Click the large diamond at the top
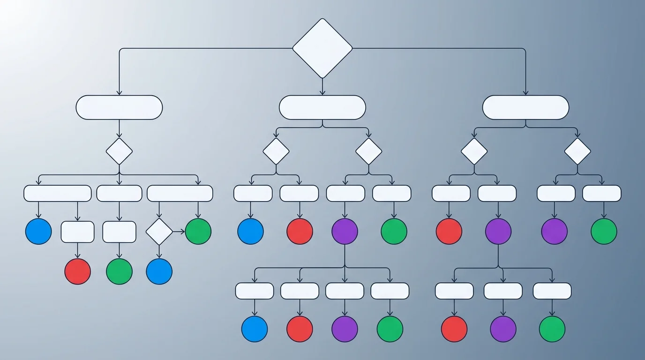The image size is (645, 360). click(x=322, y=48)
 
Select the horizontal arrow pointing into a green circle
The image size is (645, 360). click(x=179, y=232)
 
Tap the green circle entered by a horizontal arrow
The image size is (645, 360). click(x=198, y=232)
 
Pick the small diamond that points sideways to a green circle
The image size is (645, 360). click(x=159, y=232)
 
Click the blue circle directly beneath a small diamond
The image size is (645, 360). click(x=159, y=271)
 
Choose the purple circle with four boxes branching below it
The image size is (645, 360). click(x=345, y=232)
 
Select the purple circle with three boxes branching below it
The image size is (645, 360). click(x=498, y=232)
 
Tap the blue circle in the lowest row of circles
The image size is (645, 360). click(x=255, y=329)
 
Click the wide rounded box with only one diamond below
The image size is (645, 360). click(x=119, y=107)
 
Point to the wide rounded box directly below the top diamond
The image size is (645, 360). click(x=322, y=107)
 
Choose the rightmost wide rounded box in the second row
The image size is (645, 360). click(x=525, y=107)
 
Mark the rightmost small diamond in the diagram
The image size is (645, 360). click(x=577, y=151)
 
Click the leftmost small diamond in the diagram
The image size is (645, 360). click(x=119, y=151)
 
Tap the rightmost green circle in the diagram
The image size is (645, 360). click(x=604, y=232)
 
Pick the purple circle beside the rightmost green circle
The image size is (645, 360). click(x=555, y=232)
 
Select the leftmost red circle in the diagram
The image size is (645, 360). click(x=77, y=271)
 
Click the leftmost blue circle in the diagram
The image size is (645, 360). click(x=38, y=232)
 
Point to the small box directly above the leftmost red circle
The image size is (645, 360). click(x=77, y=232)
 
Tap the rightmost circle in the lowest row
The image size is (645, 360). click(x=552, y=329)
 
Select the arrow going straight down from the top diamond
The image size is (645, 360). click(x=322, y=86)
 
